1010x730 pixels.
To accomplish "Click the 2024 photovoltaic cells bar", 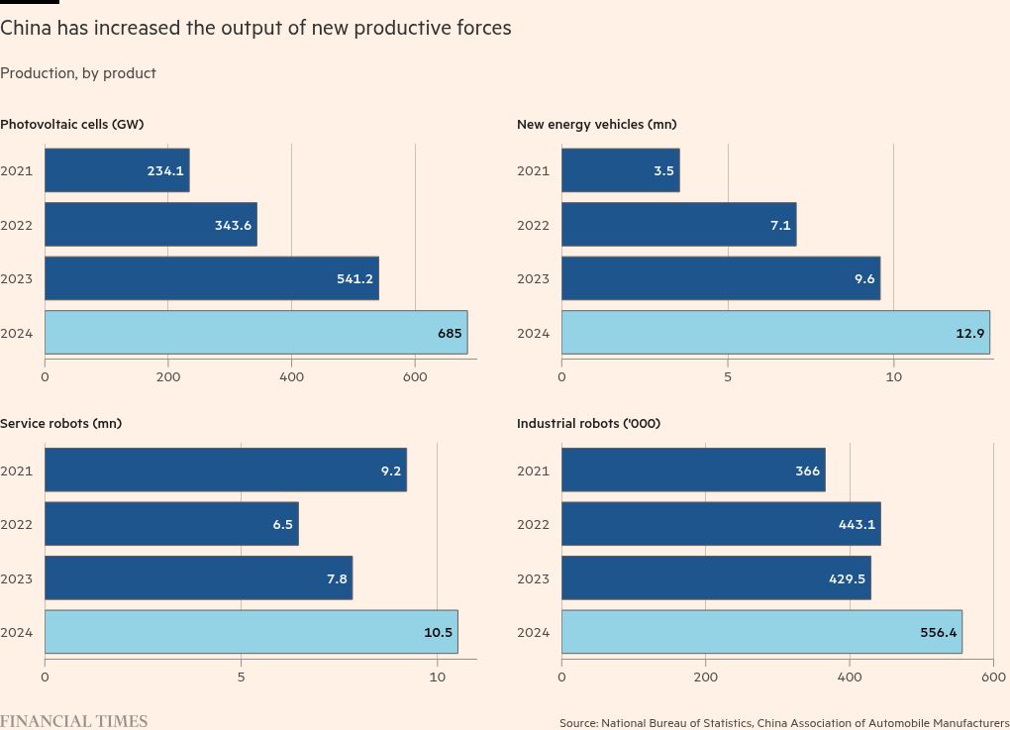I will pos(255,333).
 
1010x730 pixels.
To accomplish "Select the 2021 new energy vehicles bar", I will pos(620,170).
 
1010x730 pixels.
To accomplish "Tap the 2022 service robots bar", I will pos(171,524).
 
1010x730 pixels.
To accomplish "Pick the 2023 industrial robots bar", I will pos(716,578).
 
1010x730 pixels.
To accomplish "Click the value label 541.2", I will pos(354,279).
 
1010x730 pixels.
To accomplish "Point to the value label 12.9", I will pos(970,334).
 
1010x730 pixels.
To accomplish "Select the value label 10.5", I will pos(438,633).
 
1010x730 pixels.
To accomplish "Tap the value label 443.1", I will pos(857,525).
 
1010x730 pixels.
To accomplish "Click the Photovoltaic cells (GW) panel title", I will pos(71,124).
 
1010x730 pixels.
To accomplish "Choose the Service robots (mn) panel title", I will pos(60,423).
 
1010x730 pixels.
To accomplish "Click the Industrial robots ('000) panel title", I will pos(588,423).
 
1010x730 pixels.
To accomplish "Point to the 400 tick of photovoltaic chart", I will pos(291,377).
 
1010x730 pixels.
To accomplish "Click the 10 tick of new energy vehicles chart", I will pos(893,377).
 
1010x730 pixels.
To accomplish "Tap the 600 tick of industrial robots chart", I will pos(993,678).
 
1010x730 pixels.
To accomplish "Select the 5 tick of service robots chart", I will pos(241,678).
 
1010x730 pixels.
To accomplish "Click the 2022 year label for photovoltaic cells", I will pos(17,225).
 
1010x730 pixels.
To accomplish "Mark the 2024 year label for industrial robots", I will pos(533,633).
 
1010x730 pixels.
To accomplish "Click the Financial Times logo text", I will pos(73,721).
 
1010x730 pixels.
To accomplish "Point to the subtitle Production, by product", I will pos(78,73).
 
